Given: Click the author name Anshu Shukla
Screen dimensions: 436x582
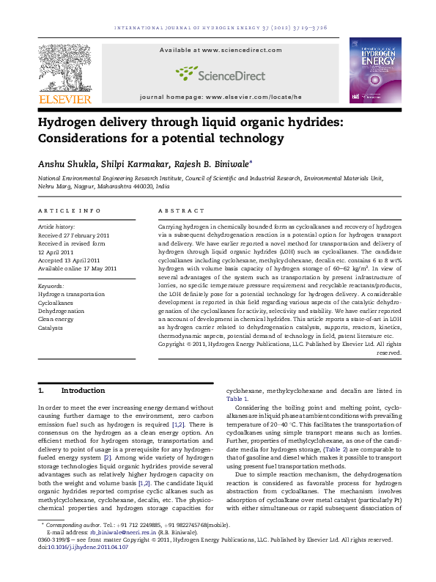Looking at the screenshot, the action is [x=62, y=163].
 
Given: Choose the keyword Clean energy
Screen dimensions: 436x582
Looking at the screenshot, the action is [x=57, y=318].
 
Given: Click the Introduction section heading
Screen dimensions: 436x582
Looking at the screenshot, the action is [x=84, y=391].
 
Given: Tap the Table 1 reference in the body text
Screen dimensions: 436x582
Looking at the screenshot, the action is [x=235, y=399].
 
